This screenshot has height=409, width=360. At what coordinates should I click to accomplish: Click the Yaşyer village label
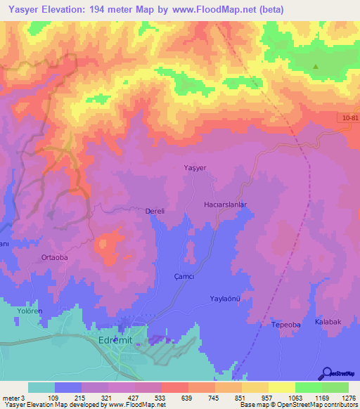point(194,168)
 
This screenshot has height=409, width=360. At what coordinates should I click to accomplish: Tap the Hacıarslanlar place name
point(225,204)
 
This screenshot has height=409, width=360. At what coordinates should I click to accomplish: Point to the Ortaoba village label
point(55,257)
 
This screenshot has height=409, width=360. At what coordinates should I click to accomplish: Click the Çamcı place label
point(185,277)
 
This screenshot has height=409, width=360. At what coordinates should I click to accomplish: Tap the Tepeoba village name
point(285,325)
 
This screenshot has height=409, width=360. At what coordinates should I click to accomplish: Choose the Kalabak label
point(328,321)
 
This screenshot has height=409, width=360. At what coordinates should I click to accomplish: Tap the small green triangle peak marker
point(316,67)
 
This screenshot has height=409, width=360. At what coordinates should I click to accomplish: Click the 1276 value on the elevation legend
point(347,398)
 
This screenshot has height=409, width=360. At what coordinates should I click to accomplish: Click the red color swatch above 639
point(174,387)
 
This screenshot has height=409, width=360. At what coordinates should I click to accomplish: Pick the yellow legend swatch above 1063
point(281,387)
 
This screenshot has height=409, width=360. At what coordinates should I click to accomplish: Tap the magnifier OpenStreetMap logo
point(327,373)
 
